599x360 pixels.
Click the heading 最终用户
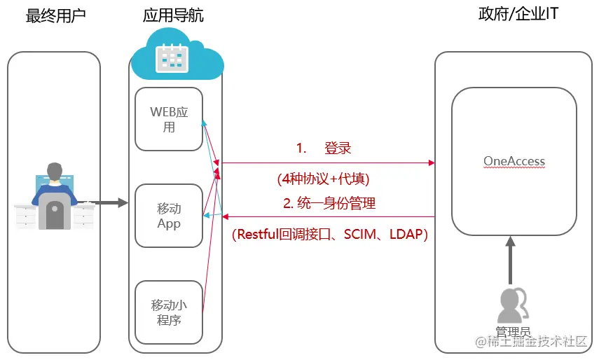point(55,15)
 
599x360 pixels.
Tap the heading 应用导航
point(173,15)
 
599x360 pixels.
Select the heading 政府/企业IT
point(514,14)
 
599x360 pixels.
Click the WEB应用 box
point(169,119)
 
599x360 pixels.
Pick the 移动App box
point(169,216)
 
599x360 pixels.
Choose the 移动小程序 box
point(169,312)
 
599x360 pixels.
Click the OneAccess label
point(514,161)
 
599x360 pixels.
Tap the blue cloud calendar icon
point(172,57)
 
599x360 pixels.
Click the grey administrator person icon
point(511,305)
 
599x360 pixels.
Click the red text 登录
point(338,148)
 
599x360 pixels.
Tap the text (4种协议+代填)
point(324,179)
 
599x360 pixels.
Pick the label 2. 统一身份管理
point(329,204)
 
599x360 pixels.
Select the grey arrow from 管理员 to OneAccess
point(511,260)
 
